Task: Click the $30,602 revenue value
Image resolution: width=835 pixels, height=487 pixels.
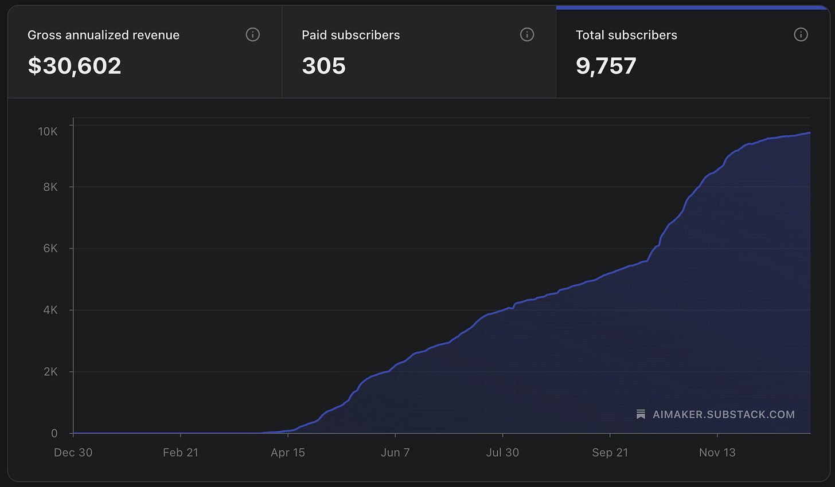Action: click(75, 66)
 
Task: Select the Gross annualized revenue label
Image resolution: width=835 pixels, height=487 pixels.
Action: click(103, 35)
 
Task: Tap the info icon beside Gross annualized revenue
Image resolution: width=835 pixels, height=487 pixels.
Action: click(252, 35)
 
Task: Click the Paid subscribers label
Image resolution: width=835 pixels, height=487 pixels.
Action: click(350, 35)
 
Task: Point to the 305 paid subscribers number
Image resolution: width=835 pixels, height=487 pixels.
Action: click(323, 66)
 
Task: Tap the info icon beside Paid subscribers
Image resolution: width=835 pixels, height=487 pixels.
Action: click(526, 35)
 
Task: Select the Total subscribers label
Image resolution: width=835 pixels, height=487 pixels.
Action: click(626, 35)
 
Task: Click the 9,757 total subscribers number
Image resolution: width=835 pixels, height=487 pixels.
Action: click(606, 66)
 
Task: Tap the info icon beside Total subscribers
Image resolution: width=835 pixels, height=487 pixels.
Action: click(801, 35)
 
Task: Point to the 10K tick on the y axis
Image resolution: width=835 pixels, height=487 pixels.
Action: click(48, 132)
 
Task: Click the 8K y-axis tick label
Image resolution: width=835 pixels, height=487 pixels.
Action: click(50, 187)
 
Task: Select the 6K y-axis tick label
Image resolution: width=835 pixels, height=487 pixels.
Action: click(50, 249)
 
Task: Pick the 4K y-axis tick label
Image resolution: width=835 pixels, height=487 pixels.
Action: click(50, 310)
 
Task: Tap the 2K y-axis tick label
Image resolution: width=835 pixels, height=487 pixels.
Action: click(50, 372)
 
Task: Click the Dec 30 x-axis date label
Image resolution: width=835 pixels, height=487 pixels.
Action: click(73, 453)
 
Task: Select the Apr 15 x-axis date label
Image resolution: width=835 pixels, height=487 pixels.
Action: click(288, 453)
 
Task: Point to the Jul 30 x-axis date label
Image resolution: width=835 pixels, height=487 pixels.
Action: click(502, 453)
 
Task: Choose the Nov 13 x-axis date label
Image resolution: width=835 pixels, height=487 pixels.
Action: click(717, 453)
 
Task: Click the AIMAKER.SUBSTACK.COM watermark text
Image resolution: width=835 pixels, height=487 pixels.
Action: click(724, 414)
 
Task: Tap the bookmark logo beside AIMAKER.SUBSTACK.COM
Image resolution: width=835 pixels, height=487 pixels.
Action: click(641, 414)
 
